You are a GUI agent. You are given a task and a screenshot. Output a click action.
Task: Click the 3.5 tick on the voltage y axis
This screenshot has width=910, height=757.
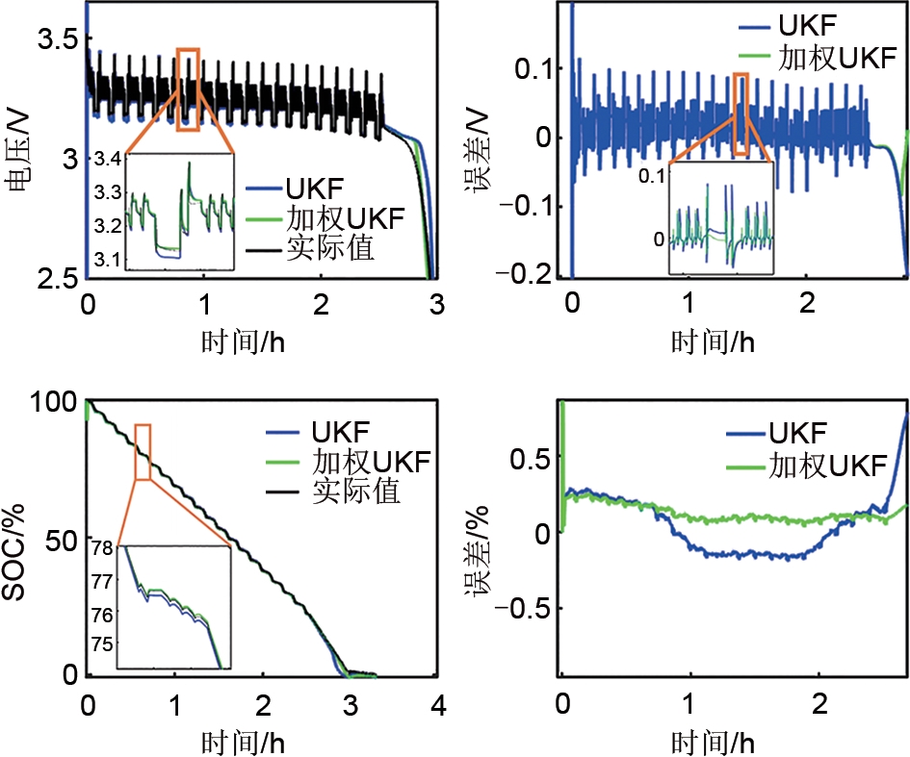49,38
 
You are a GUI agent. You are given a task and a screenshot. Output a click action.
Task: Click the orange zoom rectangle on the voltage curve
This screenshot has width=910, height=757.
189,88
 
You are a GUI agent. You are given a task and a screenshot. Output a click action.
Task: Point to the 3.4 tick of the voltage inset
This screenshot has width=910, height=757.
109,159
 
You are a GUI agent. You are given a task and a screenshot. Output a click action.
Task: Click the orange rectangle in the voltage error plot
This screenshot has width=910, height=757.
741,114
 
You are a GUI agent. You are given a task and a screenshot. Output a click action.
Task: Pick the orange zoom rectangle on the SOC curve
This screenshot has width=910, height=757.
143,451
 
